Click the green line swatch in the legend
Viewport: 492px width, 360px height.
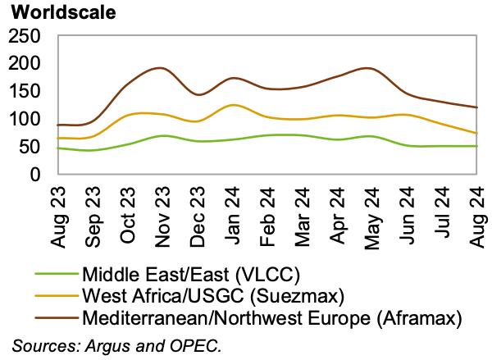[57, 274]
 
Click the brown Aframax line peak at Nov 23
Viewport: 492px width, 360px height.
[158, 68]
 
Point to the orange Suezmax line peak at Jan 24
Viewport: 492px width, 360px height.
[234, 104]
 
